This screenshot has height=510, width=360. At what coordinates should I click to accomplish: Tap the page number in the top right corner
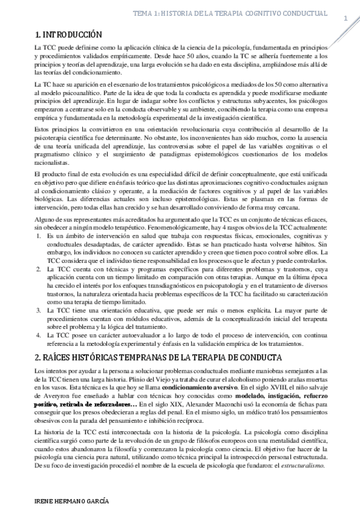click(x=345, y=18)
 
